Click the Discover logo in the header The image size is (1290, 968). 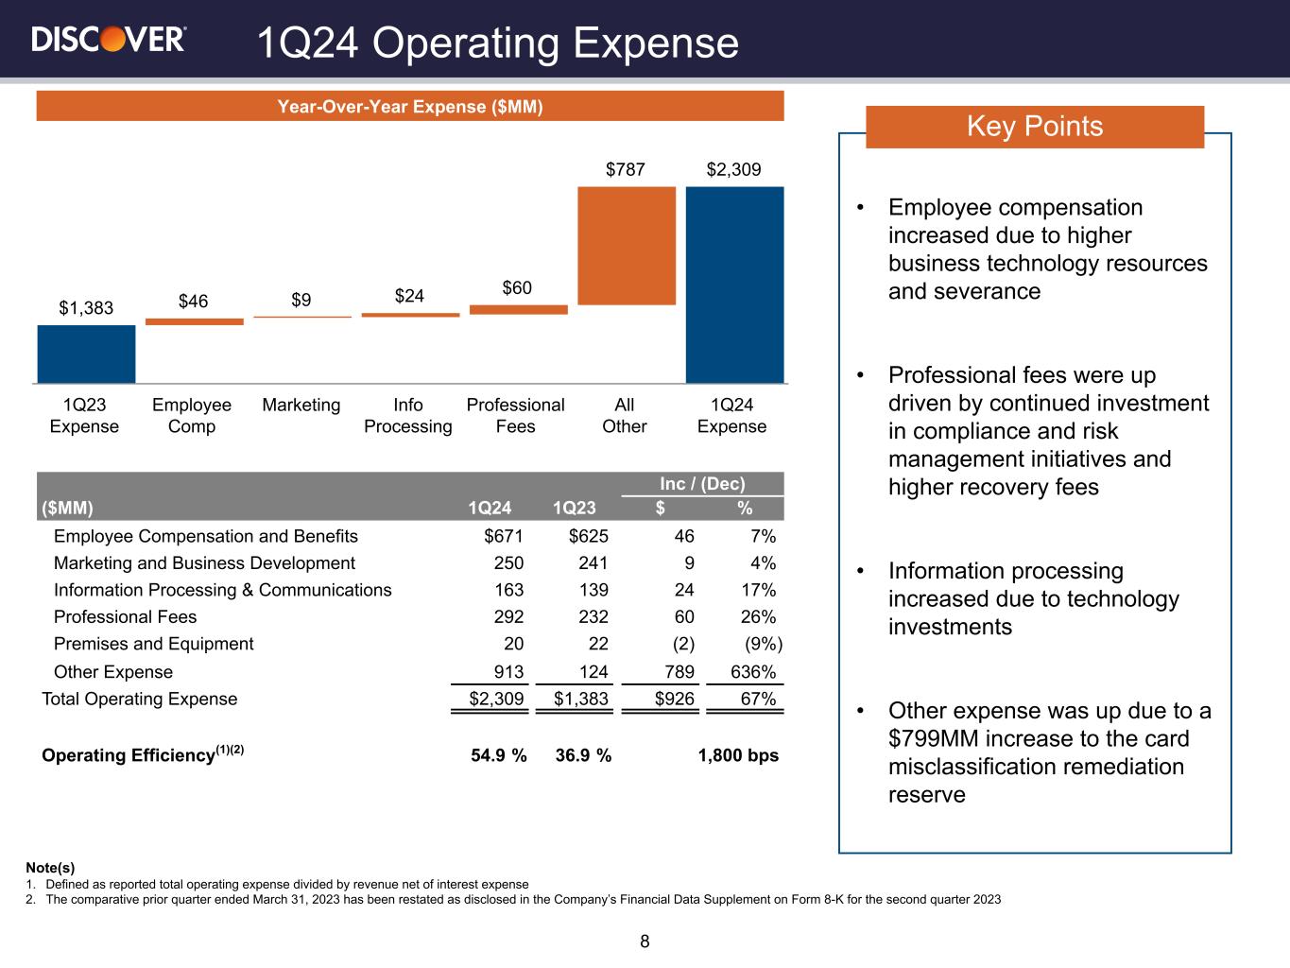pyautogui.click(x=109, y=39)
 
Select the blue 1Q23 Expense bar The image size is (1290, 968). pyautogui.click(x=86, y=354)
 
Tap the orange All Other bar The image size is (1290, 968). pyautogui.click(x=626, y=246)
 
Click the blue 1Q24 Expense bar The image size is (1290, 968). pyautogui.click(x=734, y=284)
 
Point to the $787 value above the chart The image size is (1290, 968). pyautogui.click(x=626, y=170)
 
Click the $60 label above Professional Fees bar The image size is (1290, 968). pyautogui.click(x=517, y=287)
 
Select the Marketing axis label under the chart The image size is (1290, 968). pyautogui.click(x=301, y=406)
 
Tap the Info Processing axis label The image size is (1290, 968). pyautogui.click(x=408, y=416)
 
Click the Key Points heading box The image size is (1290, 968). pyautogui.click(x=1034, y=127)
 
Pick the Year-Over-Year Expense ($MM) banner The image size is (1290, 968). pyautogui.click(x=410, y=107)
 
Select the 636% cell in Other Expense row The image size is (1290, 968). pyautogui.click(x=754, y=672)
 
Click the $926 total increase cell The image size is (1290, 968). pyautogui.click(x=675, y=700)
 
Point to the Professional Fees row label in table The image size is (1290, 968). pyautogui.click(x=125, y=617)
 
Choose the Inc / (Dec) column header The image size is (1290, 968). pyautogui.click(x=702, y=485)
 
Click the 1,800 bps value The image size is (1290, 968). pyautogui.click(x=738, y=755)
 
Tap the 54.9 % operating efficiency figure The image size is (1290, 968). pyautogui.click(x=498, y=755)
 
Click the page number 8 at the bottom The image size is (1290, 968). pyautogui.click(x=645, y=942)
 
